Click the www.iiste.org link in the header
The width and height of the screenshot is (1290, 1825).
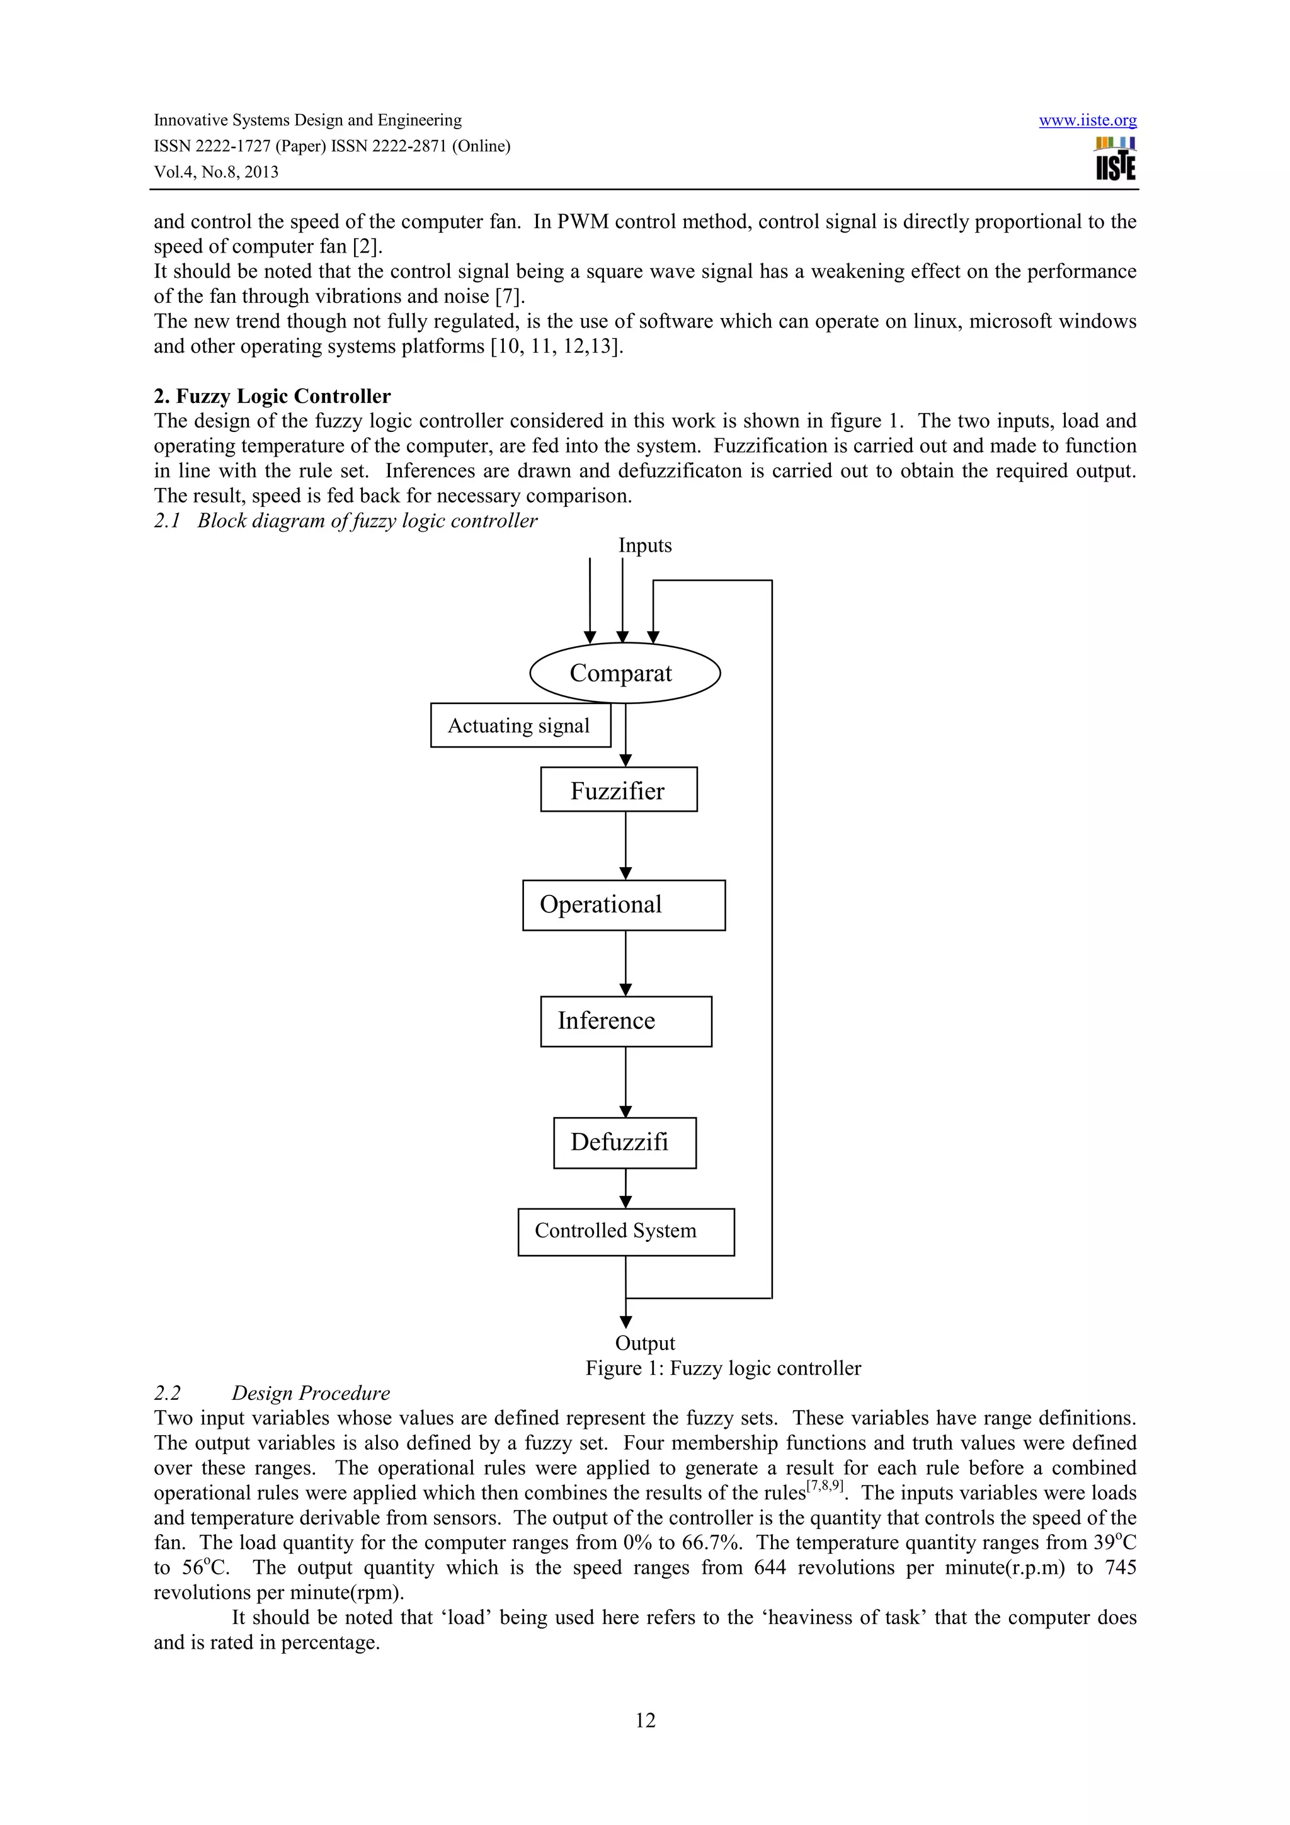1087,121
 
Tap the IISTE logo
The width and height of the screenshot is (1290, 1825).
1115,159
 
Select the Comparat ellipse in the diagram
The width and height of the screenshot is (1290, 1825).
625,673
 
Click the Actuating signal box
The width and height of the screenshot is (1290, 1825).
520,725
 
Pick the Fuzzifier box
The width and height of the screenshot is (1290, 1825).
619,790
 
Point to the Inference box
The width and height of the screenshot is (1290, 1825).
625,1021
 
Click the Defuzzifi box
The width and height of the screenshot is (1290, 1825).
625,1143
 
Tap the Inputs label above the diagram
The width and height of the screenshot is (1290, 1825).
644,546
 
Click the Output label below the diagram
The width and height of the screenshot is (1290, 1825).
644,1343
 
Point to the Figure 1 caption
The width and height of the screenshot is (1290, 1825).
722,1368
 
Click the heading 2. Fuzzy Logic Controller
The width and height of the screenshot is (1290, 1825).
272,396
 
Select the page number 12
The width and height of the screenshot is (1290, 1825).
644,1720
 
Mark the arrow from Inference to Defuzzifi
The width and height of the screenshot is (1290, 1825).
625,1082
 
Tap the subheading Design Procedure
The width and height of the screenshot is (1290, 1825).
311,1394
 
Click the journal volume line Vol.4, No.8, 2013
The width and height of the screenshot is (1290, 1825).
216,173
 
